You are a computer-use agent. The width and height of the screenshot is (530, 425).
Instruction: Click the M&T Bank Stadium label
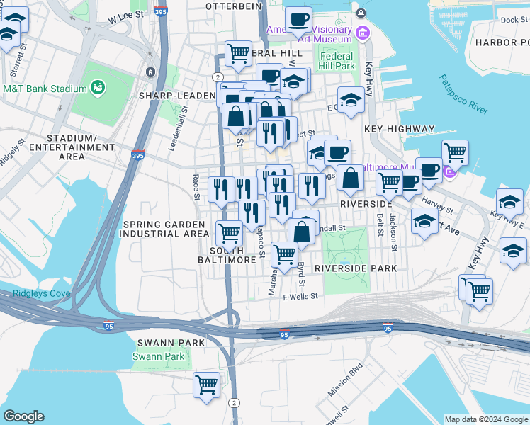[x=44, y=89]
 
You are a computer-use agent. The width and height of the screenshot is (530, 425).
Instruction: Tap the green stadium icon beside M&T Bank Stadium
[x=98, y=89]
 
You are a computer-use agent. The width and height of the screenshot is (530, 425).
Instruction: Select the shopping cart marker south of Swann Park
[x=206, y=385]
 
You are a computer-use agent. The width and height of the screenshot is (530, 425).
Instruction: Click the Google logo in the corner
[x=23, y=416]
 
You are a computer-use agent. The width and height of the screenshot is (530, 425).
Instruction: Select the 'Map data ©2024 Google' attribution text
[x=485, y=419]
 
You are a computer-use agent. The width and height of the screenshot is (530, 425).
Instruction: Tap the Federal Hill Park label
[x=337, y=61]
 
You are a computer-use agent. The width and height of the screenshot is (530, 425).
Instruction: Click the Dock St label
[x=509, y=20]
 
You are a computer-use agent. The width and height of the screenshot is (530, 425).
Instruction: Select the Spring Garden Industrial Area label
[x=166, y=229]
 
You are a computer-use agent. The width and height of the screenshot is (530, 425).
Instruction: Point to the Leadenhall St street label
[x=186, y=128]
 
